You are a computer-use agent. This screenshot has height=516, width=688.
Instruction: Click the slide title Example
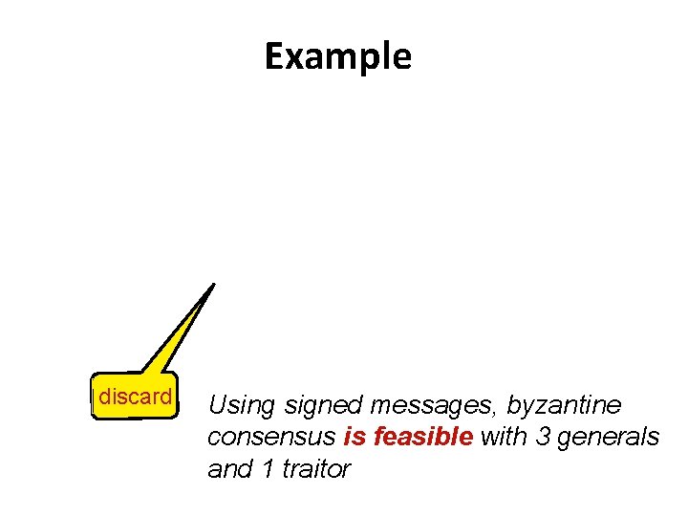(338, 57)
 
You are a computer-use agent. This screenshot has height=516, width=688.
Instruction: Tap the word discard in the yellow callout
(136, 397)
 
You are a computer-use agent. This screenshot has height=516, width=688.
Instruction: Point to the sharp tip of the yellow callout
(213, 284)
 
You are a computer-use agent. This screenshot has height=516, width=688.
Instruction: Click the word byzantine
(564, 406)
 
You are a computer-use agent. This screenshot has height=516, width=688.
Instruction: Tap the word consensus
(270, 438)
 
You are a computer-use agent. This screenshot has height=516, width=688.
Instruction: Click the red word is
(355, 438)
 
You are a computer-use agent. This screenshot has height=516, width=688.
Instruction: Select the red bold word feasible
(423, 438)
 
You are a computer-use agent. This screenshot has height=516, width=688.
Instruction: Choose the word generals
(610, 438)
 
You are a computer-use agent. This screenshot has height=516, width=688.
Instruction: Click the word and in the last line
(227, 469)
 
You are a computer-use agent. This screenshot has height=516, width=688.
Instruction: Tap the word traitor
(316, 469)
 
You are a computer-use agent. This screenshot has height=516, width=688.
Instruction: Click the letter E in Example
(275, 57)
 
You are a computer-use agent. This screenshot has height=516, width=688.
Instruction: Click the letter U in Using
(217, 406)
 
